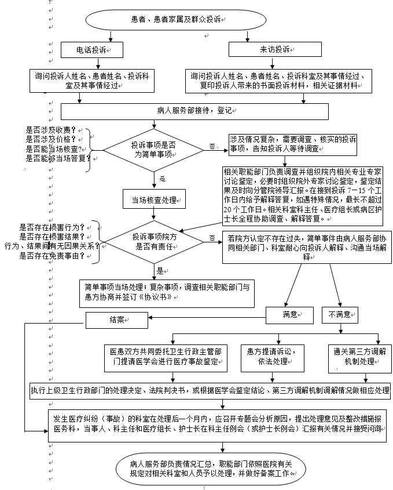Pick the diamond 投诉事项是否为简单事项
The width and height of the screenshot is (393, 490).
(153, 149)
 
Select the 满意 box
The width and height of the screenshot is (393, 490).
(289, 314)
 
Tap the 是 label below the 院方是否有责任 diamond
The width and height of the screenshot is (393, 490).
(160, 270)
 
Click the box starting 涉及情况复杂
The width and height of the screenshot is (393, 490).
(293, 145)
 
